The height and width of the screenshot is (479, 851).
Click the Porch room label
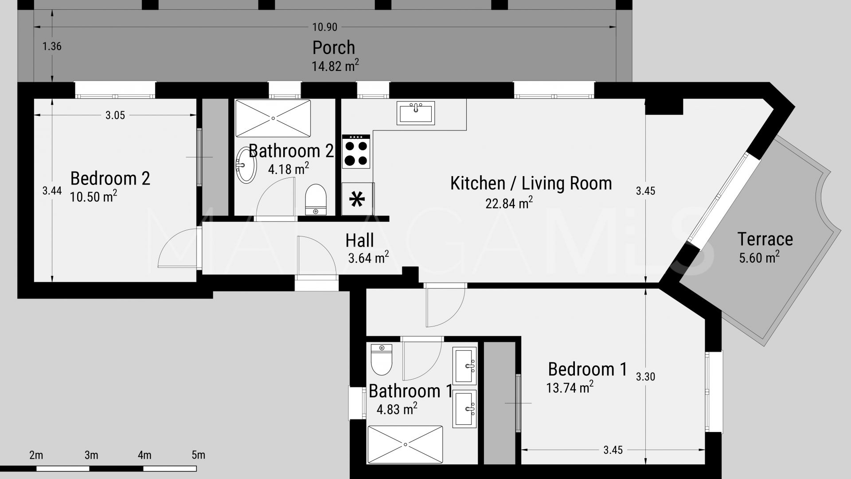(x=334, y=47)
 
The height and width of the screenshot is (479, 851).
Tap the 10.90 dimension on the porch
(x=324, y=27)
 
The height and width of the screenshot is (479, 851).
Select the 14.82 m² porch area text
(x=335, y=66)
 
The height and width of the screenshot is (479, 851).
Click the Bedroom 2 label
(x=110, y=178)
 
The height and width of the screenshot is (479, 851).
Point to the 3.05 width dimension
(x=115, y=115)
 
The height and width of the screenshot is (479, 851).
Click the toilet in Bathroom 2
(x=316, y=200)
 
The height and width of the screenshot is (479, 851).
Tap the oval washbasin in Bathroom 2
(x=246, y=165)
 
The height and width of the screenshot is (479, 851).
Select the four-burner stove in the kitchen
(x=356, y=151)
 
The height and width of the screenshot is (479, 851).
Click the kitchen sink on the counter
(x=416, y=113)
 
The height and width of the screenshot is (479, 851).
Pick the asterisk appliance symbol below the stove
(x=357, y=199)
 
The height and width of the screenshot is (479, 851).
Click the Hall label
(x=359, y=240)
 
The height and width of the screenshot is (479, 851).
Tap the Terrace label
(x=765, y=239)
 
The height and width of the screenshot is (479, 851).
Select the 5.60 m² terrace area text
(x=759, y=257)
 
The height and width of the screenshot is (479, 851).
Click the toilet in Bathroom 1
(x=381, y=359)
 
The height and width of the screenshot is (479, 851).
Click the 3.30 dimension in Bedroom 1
(x=645, y=377)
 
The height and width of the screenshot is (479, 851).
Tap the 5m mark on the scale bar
(x=198, y=455)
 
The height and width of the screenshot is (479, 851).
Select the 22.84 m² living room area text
(x=509, y=203)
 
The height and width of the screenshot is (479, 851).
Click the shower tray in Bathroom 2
(x=273, y=118)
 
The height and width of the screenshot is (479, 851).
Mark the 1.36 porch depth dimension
(x=52, y=46)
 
